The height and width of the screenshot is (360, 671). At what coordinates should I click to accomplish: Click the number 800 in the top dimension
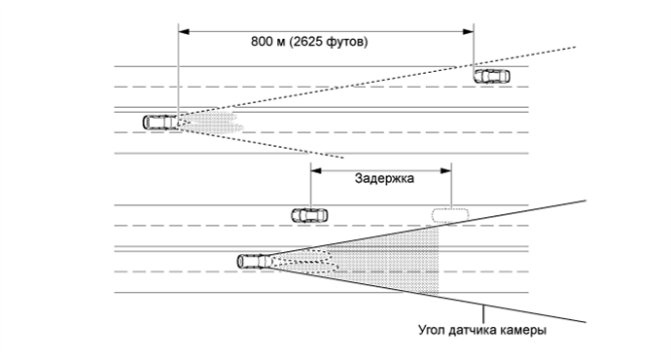[261, 44]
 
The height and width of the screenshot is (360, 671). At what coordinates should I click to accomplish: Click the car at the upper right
[488, 74]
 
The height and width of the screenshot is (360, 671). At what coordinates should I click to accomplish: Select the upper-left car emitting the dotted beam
[159, 122]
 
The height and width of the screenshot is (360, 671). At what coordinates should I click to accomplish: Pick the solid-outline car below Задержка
[309, 214]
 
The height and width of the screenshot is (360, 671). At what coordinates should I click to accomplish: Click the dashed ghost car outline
[450, 214]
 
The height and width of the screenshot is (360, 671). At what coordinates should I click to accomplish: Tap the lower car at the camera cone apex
[254, 261]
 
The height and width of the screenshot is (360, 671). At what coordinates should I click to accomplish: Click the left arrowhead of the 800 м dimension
[184, 31]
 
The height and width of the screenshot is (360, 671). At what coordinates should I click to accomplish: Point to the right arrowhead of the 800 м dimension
[470, 31]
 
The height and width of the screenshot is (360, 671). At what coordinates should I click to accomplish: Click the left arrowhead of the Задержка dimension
[314, 168]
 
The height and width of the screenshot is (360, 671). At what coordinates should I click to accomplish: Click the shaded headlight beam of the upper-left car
[214, 123]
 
